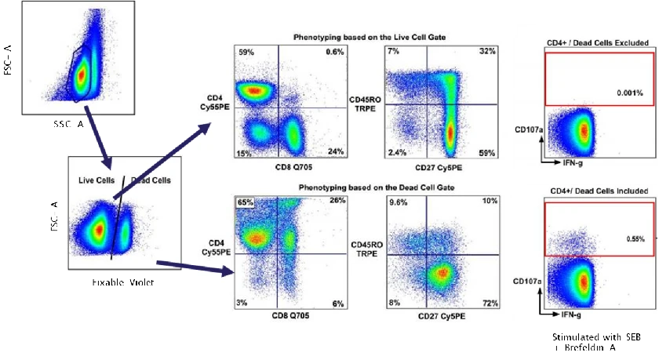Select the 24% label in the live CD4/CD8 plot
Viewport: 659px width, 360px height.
tap(335, 152)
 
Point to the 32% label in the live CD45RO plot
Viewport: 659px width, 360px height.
tap(487, 52)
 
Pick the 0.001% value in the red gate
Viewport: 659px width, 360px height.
tap(628, 93)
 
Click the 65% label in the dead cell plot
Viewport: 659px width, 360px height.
tap(246, 202)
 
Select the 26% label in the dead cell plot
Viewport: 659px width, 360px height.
tap(337, 201)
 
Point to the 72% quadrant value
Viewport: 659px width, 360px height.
tap(489, 302)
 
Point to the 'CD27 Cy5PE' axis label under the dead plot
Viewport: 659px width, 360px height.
tap(443, 315)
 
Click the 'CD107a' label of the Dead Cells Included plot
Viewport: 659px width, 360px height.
tap(524, 279)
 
